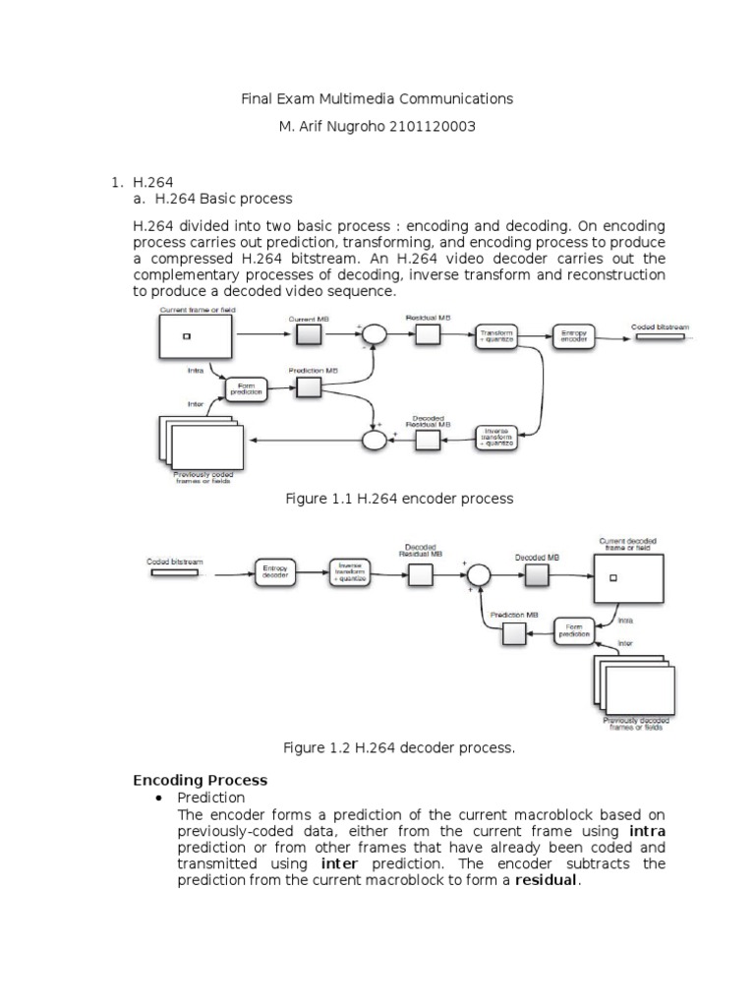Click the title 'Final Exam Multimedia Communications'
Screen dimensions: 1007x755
click(x=377, y=98)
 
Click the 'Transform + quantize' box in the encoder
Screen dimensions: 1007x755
click(x=495, y=336)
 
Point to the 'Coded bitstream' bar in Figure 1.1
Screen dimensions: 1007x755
click(x=659, y=336)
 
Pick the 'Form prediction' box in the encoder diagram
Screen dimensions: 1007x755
click(x=246, y=389)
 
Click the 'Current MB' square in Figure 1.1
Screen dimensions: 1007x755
click(x=308, y=336)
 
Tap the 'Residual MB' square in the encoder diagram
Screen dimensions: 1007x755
click(x=427, y=336)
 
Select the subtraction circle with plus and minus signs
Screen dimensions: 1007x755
click(x=375, y=336)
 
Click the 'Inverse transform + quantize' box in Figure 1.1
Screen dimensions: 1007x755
click(x=495, y=437)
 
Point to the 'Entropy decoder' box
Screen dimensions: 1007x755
click(x=276, y=572)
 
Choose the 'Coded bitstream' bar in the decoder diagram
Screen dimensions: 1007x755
click(x=175, y=572)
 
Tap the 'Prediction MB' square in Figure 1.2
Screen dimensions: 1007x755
click(x=514, y=635)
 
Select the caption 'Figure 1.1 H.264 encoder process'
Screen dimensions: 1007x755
click(x=399, y=499)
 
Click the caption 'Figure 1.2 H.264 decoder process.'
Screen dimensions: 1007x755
click(x=399, y=748)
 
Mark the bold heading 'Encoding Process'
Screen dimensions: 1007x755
click(x=201, y=780)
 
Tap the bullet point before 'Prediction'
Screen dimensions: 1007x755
click(x=159, y=798)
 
